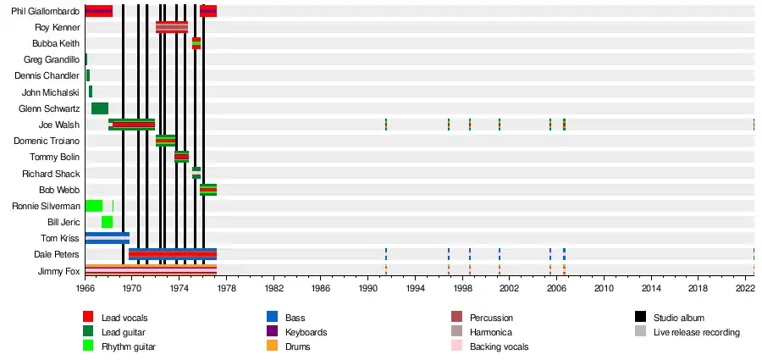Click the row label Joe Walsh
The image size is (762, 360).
point(62,125)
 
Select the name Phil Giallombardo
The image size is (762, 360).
point(46,11)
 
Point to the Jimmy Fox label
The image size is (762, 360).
point(59,271)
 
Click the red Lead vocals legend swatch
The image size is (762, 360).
point(88,317)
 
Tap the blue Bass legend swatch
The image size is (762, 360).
point(272,317)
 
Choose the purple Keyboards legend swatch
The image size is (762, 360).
point(272,331)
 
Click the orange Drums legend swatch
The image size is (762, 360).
point(272,346)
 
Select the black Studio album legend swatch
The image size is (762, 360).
point(641,317)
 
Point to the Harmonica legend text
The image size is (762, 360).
point(492,332)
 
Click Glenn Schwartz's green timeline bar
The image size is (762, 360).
point(99,108)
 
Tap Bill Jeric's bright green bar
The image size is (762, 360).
point(107,222)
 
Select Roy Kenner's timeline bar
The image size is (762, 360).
point(172,27)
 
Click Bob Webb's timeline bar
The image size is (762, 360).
point(208,190)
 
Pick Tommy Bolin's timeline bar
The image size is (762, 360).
point(181,157)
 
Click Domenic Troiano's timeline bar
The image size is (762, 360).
point(166,141)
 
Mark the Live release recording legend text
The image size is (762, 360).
point(696,332)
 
